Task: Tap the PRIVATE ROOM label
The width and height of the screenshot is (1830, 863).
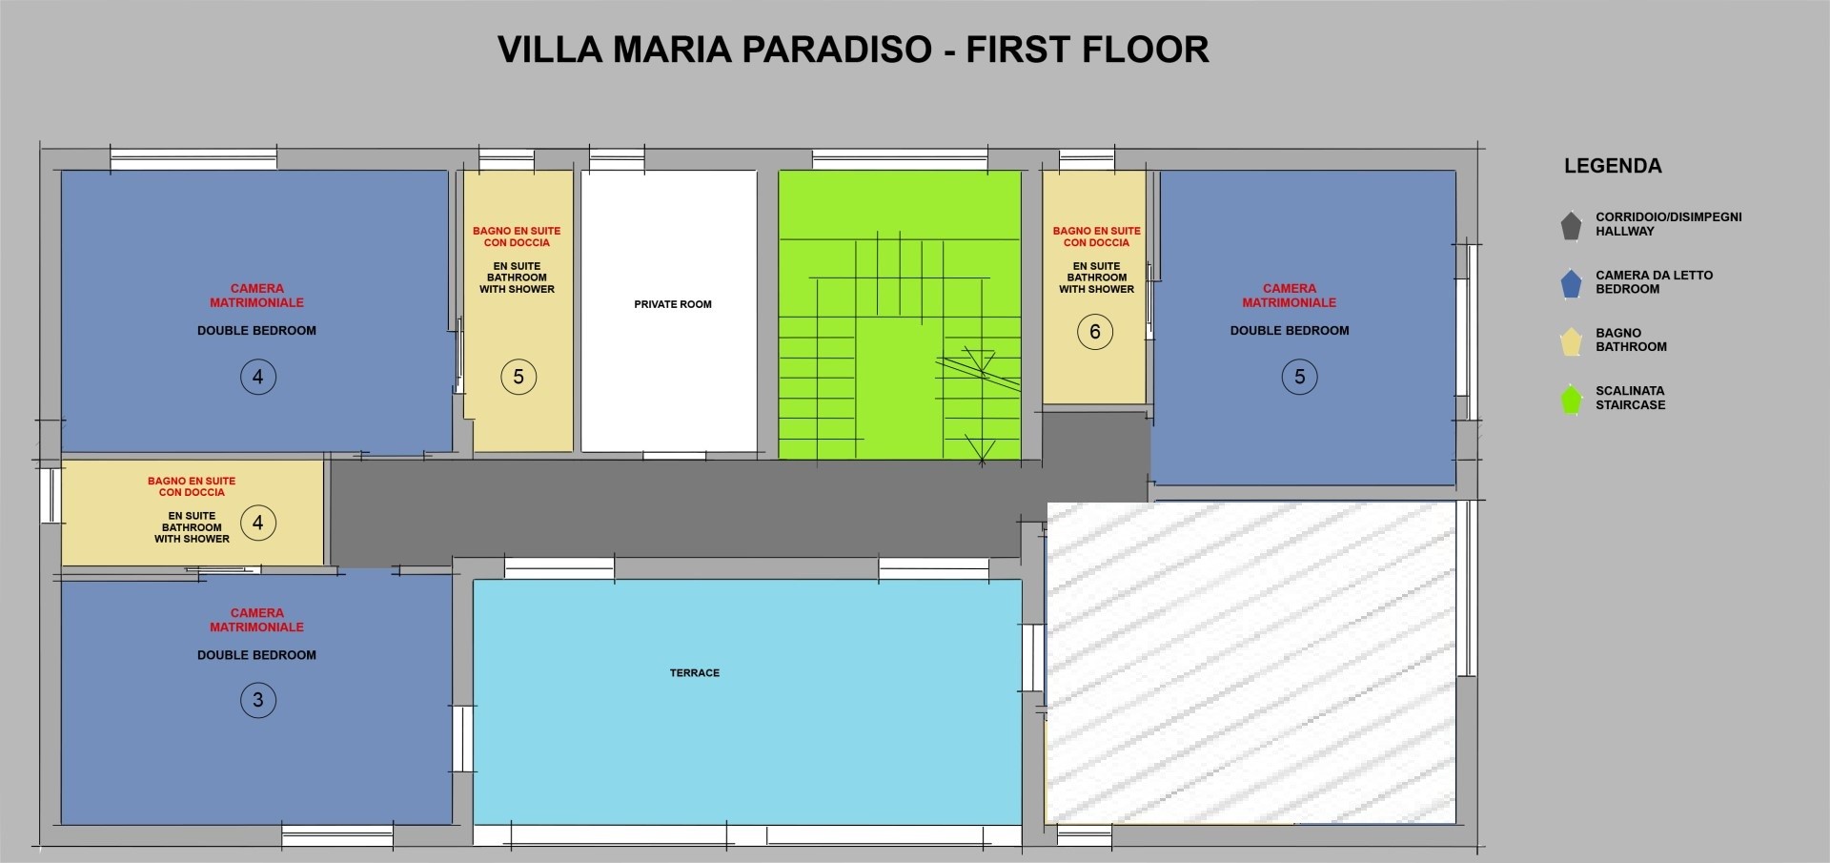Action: pos(673,304)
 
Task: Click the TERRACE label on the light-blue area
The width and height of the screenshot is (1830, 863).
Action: pos(695,673)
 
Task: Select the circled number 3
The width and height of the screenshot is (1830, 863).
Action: pos(257,700)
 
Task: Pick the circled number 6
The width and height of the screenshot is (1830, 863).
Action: pos(1095,332)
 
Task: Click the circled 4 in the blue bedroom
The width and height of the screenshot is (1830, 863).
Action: pos(257,377)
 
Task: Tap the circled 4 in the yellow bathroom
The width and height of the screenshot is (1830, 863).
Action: pos(257,523)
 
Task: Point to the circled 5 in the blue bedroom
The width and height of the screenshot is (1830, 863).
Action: pos(1299,377)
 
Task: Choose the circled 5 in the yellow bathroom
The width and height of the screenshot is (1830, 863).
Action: pos(518,377)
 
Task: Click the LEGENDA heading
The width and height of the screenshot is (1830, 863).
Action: pos(1613,166)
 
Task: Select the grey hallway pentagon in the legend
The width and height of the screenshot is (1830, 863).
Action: pos(1571,226)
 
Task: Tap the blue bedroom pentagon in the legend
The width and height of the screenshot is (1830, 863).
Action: pos(1571,283)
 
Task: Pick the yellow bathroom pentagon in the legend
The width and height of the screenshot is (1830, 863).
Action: pos(1571,340)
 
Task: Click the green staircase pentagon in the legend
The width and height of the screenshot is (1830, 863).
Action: pos(1571,399)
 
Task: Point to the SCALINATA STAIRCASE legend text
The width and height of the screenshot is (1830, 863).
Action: pos(1631,398)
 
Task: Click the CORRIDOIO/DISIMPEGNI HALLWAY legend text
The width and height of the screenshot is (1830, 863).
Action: pos(1669,224)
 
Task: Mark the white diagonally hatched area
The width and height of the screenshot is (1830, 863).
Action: pos(1251,662)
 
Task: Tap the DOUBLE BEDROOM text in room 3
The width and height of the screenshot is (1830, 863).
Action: pos(256,655)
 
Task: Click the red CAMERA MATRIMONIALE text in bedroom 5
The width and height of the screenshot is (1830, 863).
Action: pos(1290,296)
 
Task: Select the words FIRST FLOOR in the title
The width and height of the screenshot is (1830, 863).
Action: pos(1088,50)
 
